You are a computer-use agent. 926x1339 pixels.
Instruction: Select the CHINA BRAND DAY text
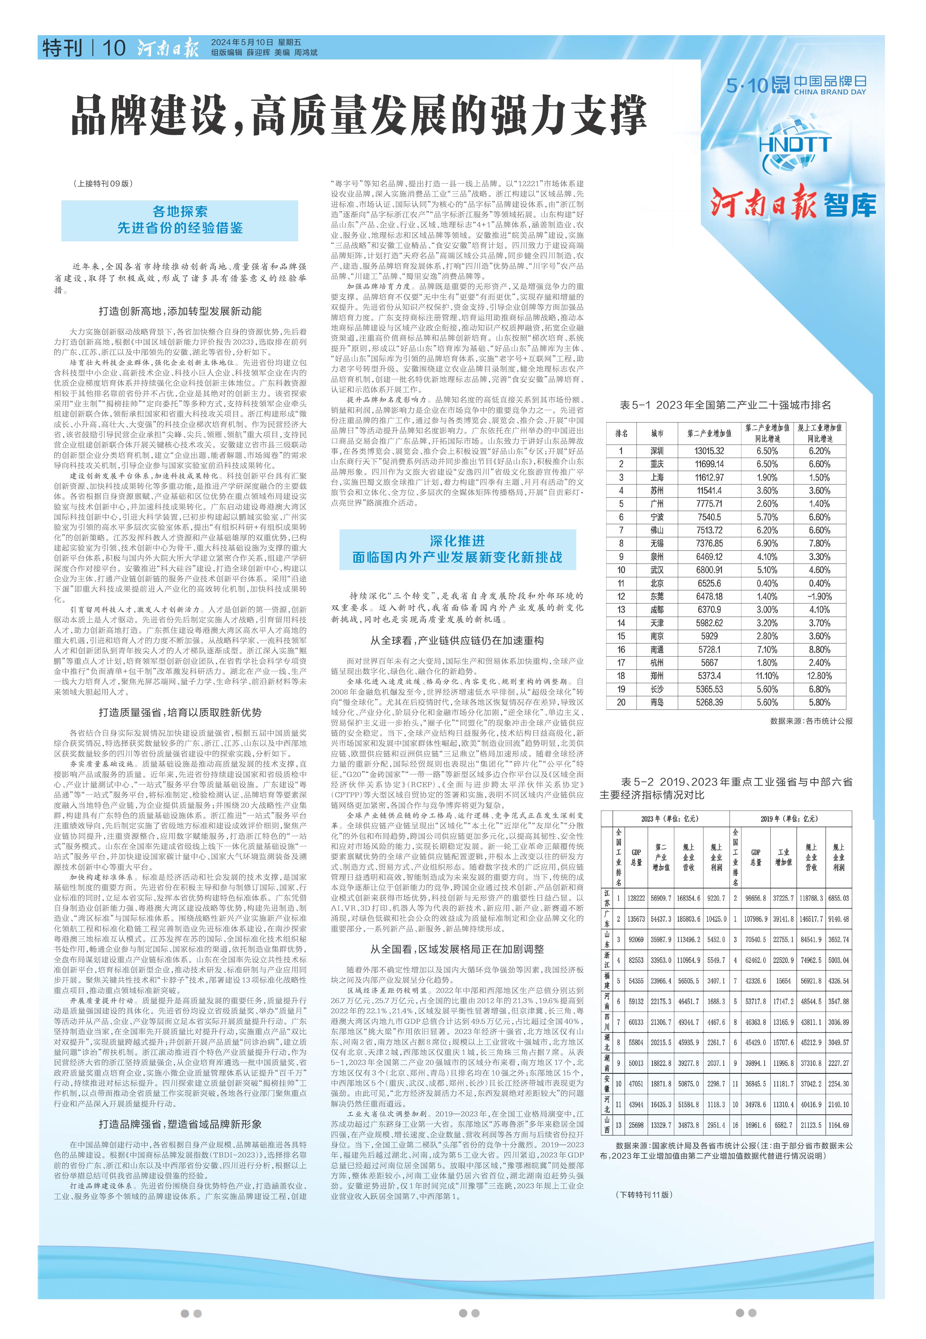coord(830,92)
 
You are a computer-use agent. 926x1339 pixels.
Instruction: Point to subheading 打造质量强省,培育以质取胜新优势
coord(180,712)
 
